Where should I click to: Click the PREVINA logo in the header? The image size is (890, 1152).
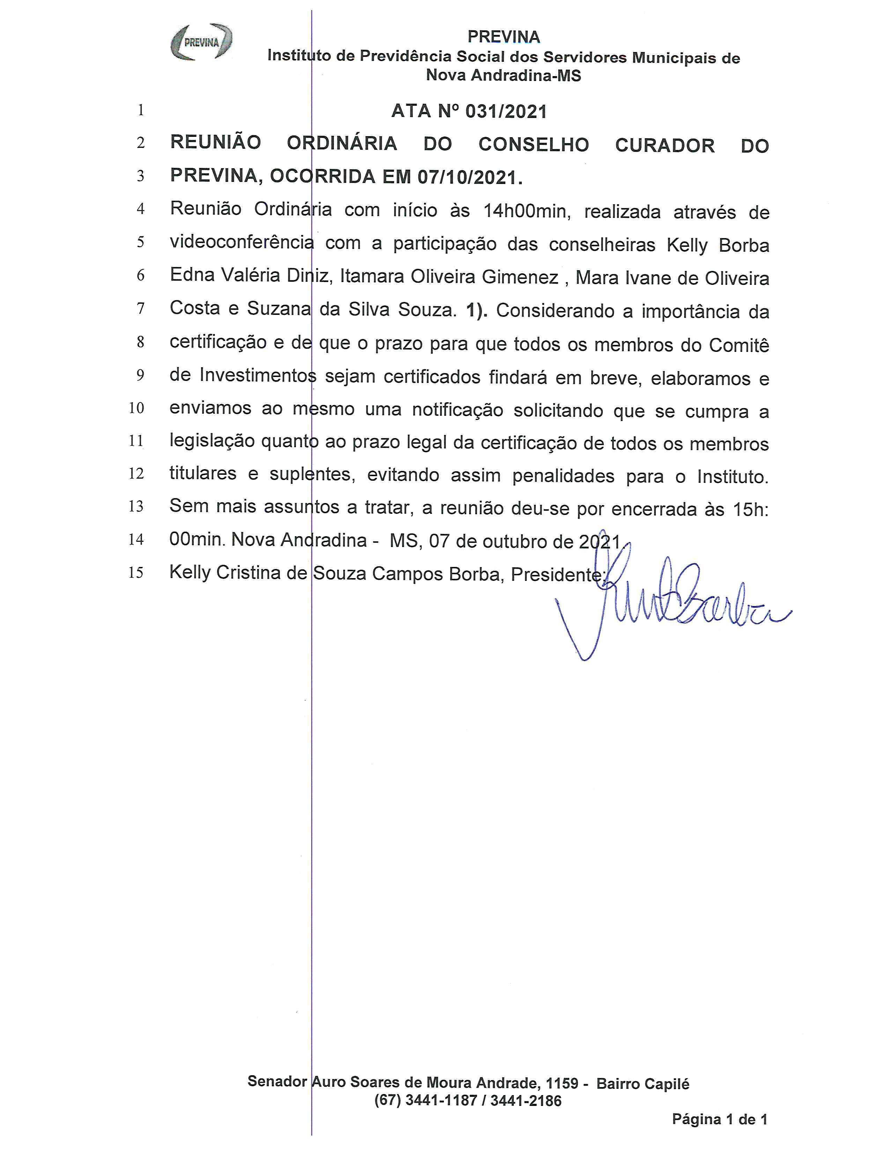tap(201, 42)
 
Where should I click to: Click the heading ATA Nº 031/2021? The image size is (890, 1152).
tap(469, 111)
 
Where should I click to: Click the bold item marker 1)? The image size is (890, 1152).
tap(477, 310)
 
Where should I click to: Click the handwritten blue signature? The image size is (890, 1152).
tap(670, 601)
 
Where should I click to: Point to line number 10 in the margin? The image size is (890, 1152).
tap(136, 408)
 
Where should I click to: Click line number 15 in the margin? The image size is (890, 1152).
tap(136, 572)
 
